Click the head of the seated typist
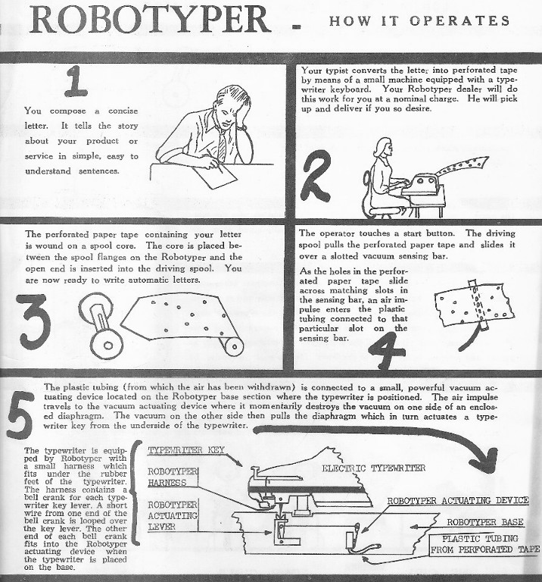(x=380, y=149)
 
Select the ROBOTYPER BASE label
(x=485, y=522)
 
